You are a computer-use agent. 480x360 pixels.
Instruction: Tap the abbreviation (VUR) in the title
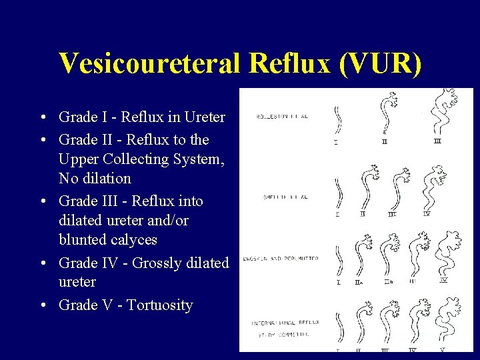[380, 63]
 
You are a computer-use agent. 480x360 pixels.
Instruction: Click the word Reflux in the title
[289, 63]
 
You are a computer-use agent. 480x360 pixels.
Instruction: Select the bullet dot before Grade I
[43, 118]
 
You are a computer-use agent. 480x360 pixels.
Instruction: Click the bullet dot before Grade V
[43, 305]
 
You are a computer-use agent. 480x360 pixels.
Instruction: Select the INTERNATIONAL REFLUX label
[285, 322]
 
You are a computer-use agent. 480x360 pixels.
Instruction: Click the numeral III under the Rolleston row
[437, 141]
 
